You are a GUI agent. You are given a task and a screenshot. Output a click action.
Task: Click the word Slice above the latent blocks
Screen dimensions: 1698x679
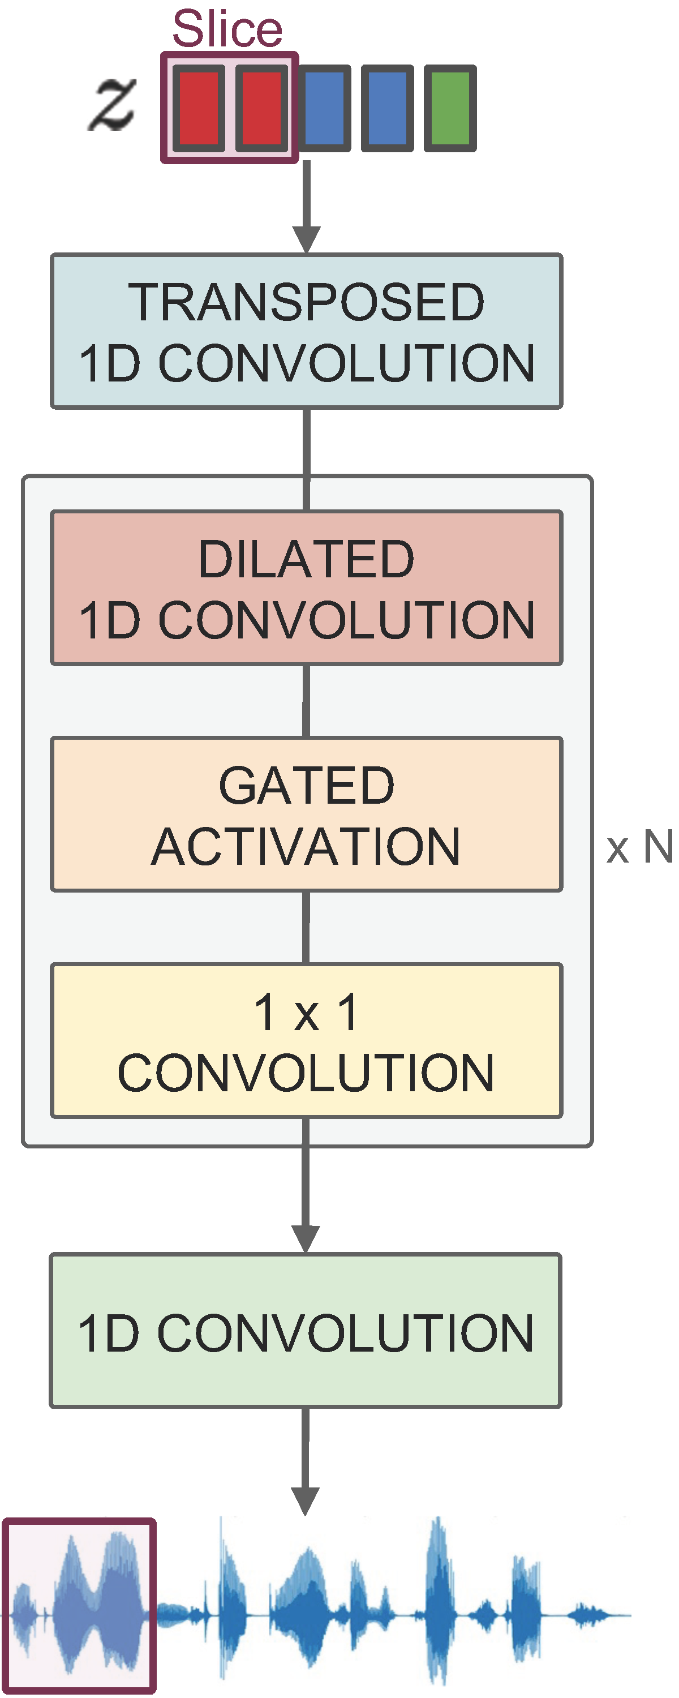[x=227, y=29]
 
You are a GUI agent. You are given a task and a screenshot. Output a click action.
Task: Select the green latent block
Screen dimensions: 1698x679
[x=450, y=108]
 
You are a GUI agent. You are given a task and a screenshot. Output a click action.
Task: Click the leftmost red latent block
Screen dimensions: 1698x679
[x=199, y=108]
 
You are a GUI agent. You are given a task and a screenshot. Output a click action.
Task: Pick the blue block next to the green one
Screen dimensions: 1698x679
[x=387, y=108]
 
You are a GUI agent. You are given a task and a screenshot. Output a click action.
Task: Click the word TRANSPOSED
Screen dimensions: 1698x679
[x=306, y=303]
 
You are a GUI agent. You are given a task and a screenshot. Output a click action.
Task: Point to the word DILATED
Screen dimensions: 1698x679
[x=306, y=559]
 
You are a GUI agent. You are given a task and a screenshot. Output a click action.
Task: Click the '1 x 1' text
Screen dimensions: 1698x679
[x=306, y=1013]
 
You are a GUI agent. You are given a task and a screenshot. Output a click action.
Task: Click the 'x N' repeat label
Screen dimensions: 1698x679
[x=639, y=847]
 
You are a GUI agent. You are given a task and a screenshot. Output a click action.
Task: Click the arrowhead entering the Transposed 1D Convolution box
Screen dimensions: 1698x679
[x=307, y=239]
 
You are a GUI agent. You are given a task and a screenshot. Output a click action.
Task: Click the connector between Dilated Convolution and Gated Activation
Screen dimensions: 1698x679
[x=306, y=701]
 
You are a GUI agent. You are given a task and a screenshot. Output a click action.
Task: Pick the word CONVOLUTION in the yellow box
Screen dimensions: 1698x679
[x=306, y=1073]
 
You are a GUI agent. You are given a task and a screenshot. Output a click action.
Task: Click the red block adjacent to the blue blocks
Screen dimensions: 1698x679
[x=262, y=108]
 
